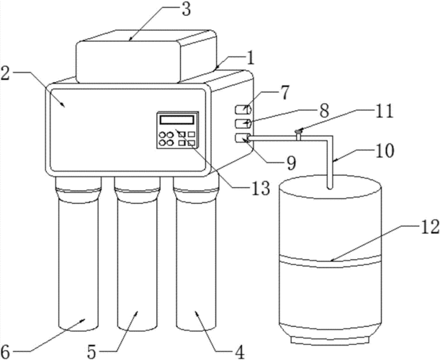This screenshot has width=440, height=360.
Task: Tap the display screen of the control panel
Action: tap(179, 120)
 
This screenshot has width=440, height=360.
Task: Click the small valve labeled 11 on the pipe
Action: tap(298, 132)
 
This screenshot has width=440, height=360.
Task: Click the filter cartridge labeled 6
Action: tap(76, 263)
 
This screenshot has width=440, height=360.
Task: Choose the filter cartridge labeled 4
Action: tap(196, 263)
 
